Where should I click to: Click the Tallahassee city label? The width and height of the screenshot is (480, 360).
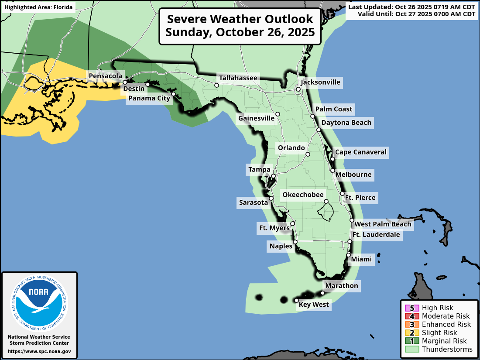(238, 78)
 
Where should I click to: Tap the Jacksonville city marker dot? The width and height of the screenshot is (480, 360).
(298, 89)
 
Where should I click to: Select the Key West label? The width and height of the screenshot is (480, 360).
(314, 305)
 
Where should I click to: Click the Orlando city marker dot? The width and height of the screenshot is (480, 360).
(308, 154)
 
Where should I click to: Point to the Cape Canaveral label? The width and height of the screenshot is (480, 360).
(360, 152)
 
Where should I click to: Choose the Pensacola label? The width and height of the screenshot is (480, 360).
(105, 76)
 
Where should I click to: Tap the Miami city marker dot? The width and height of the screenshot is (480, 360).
(348, 255)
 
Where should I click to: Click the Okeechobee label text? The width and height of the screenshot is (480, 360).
(303, 195)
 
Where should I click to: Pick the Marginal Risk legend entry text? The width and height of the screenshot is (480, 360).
(444, 341)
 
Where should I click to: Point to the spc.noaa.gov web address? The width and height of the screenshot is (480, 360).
(39, 351)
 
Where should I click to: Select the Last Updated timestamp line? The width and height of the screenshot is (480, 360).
(412, 7)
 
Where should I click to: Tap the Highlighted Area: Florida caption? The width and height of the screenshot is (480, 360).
(38, 7)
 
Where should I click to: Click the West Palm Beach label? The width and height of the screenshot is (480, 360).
(383, 224)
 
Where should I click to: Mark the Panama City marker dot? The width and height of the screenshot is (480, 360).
(173, 94)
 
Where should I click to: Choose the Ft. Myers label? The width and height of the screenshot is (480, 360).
(274, 228)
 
